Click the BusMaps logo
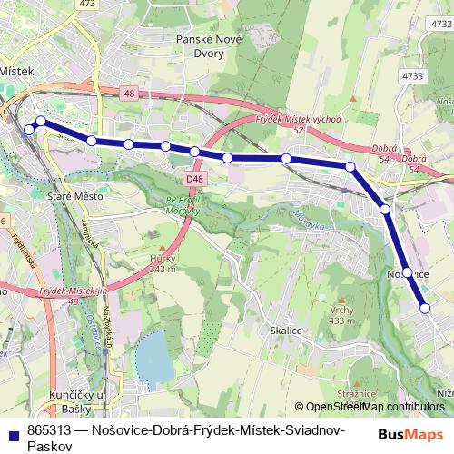[411, 434]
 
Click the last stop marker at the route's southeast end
[425, 309]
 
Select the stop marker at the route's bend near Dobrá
[350, 166]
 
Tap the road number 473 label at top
[87, 4]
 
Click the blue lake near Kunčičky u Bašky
[154, 356]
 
